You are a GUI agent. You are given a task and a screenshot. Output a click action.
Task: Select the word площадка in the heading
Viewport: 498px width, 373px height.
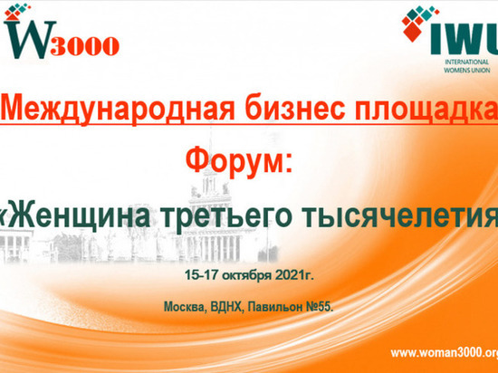pos(425,109)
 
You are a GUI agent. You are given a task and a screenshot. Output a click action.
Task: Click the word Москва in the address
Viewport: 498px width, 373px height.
pos(186,308)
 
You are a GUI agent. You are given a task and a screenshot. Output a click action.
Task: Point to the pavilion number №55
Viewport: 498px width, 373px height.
pos(321,308)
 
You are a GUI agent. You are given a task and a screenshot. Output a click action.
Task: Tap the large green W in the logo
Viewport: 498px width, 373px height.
pos(29,36)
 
